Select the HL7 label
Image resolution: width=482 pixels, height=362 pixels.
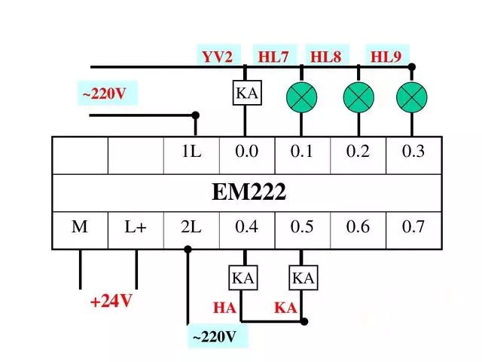point(273,57)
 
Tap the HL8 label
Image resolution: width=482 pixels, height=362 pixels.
point(326,57)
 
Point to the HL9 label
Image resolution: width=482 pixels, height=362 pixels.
point(385,57)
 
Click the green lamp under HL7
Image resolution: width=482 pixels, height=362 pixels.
point(301,97)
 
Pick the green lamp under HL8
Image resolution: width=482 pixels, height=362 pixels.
point(358,97)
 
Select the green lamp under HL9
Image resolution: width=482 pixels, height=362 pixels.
point(411,97)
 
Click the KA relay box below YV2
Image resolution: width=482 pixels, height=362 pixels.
point(246,94)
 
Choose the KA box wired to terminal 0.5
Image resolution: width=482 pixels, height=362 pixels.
point(303,278)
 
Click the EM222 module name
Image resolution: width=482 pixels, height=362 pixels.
point(248,193)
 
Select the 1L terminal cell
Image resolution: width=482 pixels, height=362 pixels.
point(191,152)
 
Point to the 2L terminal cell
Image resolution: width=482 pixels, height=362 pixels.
point(191,226)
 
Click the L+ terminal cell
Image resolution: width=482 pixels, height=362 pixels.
point(136,226)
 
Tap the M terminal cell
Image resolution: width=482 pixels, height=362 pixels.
point(80,226)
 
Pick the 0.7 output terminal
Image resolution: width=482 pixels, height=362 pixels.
point(413,226)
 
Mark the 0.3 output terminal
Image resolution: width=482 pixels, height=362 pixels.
point(413,152)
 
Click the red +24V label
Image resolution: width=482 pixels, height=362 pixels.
point(111,302)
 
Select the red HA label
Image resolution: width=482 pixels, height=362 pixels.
point(224,308)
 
